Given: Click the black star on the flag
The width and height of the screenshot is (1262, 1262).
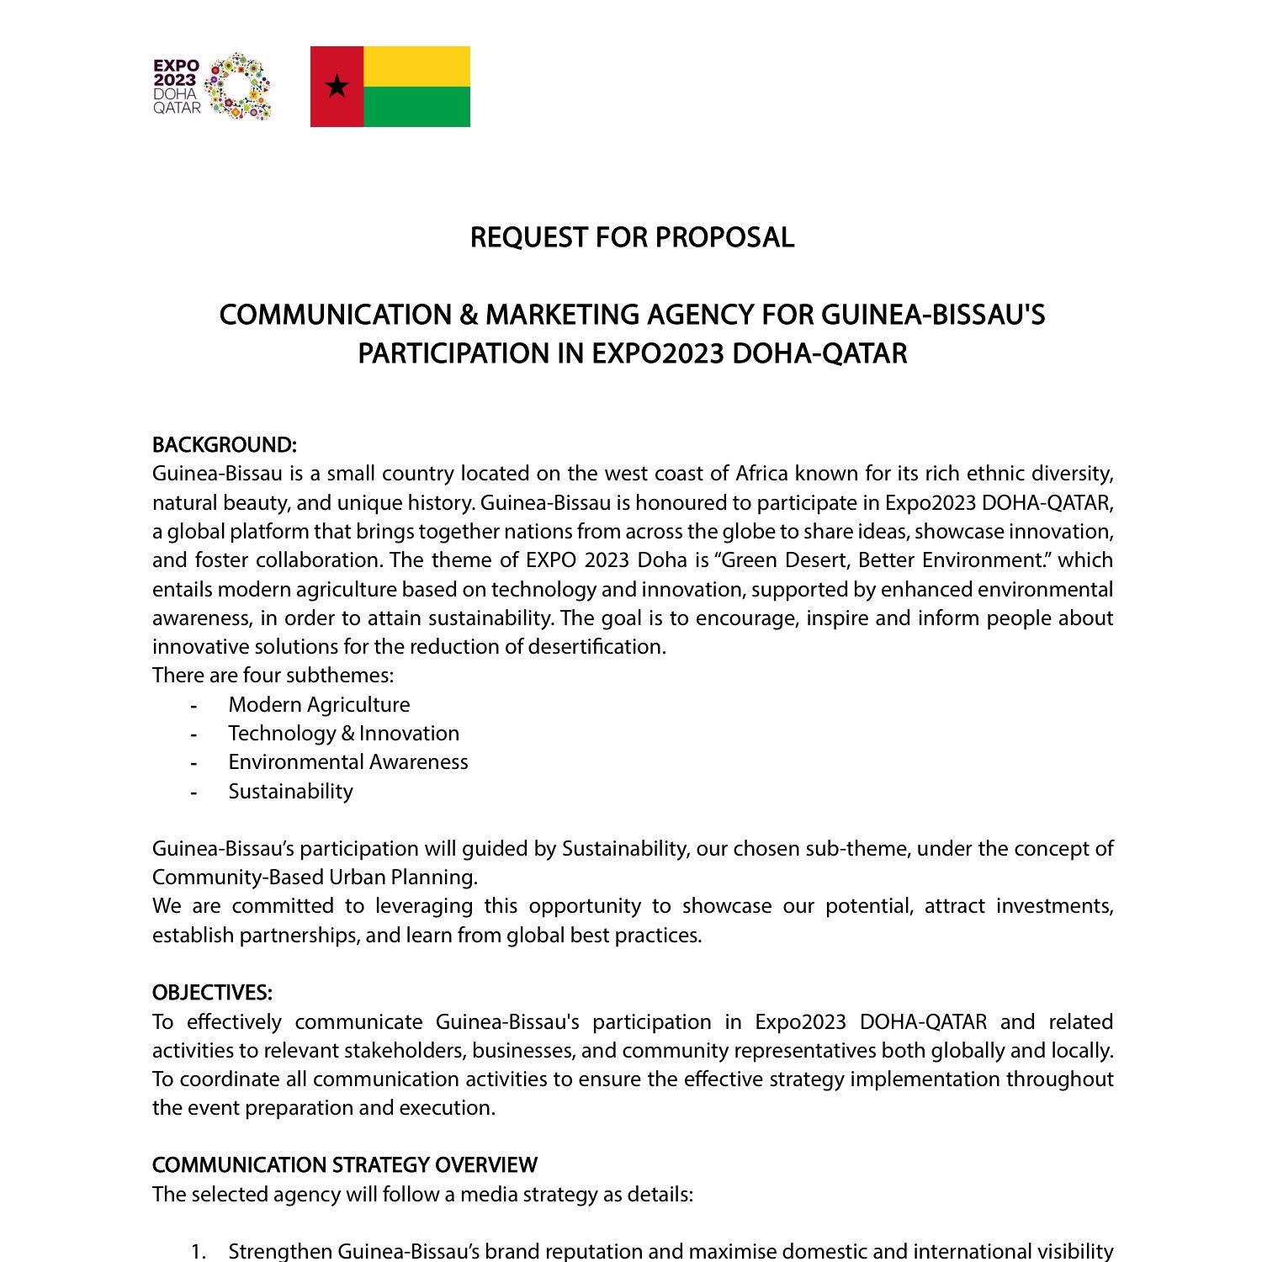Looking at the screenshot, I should coord(337,86).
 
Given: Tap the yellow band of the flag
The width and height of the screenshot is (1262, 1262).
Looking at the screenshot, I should coord(416,66).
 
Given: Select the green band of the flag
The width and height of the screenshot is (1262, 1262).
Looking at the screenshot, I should coord(416,107).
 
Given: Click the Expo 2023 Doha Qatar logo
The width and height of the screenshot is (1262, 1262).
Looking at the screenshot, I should coord(212,87).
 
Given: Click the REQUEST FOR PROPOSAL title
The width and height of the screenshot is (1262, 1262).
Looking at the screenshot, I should coord(632,238).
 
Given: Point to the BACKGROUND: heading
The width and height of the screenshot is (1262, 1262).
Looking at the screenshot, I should coord(224,445).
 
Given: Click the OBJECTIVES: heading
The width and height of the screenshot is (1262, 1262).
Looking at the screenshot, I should coord(212,993).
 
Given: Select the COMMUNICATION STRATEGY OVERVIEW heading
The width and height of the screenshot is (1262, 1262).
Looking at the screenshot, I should coord(344,1165).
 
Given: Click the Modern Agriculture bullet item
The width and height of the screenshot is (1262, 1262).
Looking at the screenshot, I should coord(319,705).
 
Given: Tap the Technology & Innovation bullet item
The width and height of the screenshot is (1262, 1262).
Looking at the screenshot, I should coord(343,734).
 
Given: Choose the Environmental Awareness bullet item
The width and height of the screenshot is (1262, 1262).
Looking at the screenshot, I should coord(347,762).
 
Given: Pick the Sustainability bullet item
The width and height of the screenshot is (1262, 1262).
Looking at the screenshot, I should coord(290,792).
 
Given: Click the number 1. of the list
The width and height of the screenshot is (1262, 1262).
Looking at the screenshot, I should coord(199,1252).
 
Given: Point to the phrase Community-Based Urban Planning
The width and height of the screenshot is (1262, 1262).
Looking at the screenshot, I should coord(314,878).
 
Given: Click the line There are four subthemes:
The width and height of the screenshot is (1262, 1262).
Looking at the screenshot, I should coord(273,676).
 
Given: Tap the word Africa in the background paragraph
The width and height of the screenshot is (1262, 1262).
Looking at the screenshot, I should coord(761,474).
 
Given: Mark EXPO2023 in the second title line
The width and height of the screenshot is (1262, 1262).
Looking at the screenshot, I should coord(658,353).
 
